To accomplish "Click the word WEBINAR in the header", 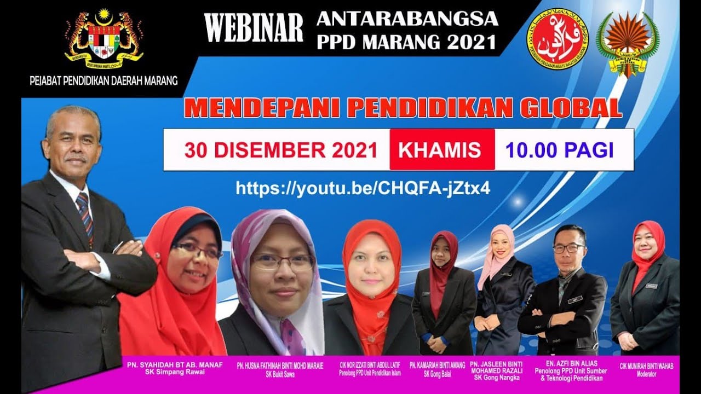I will point(254,27).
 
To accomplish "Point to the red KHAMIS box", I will point(442,149).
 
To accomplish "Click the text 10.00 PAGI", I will point(559,150).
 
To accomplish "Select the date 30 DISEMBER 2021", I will point(280,150).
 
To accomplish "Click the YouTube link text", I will point(363,188).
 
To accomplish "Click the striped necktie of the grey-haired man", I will point(84,213).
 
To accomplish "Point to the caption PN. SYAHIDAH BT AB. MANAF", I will point(175,365).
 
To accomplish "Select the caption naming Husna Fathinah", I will point(280,365).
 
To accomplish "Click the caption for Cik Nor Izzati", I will point(370,365).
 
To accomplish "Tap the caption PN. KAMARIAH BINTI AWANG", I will point(437,365).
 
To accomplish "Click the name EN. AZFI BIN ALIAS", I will point(564,363).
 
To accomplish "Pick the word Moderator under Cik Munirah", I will point(646,374).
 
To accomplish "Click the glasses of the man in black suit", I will point(568,248).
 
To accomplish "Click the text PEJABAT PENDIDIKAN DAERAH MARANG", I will point(104,81).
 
